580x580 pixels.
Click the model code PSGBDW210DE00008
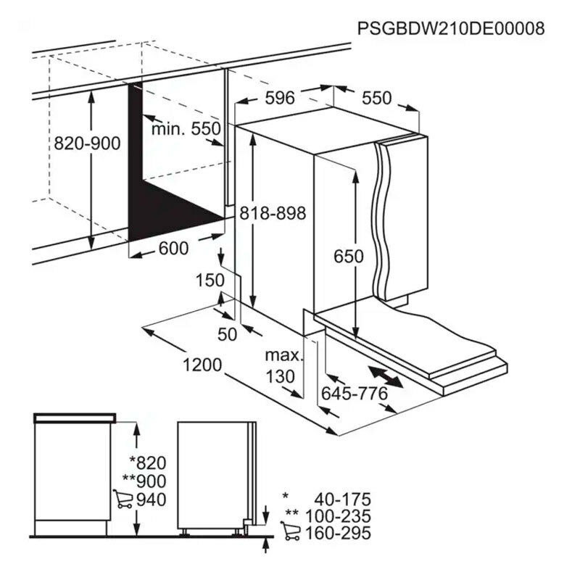pos(451,28)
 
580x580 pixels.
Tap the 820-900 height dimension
pos(87,144)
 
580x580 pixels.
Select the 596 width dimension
pos(280,98)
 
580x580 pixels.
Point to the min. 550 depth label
pos(186,129)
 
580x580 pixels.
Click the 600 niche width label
pos(173,248)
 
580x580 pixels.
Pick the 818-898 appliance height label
pos(273,213)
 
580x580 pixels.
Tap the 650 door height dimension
pos(349,257)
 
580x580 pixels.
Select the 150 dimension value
pos(210,280)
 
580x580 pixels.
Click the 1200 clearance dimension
pos(202,365)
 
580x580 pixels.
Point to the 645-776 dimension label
pos(355,393)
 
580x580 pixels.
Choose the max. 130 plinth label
pos(283,366)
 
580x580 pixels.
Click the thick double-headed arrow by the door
pos(386,376)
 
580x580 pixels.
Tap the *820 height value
pos(148,463)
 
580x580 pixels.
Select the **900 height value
pos(144,481)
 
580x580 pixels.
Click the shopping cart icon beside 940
pos(123,499)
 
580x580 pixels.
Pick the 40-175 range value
pos(342,500)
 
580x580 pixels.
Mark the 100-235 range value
pos(338,516)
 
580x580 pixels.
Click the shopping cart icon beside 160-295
pos(291,531)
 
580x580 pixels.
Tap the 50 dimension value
pos(227,334)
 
